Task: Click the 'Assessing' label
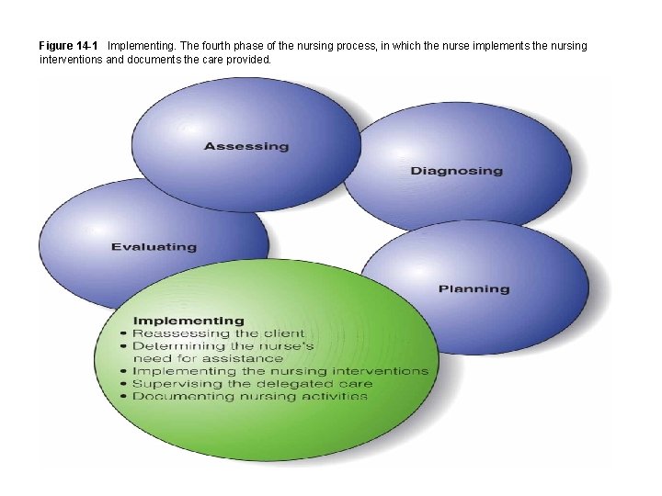[245, 146]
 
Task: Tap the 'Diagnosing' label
[456, 171]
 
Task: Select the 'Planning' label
[474, 288]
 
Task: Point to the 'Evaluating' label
[154, 246]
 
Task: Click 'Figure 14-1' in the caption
[68, 45]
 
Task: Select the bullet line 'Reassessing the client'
[219, 333]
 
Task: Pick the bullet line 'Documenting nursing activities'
[250, 397]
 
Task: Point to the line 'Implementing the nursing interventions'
[280, 371]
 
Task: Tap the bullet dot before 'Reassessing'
[124, 333]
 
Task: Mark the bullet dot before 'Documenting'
[124, 397]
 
